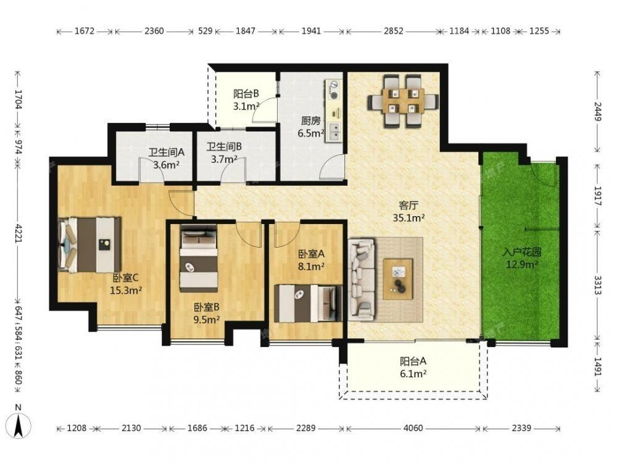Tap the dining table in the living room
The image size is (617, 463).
[404, 101]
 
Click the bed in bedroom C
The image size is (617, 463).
[89, 244]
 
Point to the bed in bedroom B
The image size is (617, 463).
[199, 258]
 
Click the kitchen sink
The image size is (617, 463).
[333, 132]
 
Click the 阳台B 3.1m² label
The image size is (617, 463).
[246, 100]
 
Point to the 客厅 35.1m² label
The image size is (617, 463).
[409, 211]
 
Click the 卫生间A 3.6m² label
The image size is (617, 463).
[166, 158]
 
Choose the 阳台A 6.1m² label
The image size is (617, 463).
[413, 367]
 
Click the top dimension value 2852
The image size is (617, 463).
[394, 31]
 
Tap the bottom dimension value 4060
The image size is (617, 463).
[413, 428]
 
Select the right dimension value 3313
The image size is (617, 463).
[598, 285]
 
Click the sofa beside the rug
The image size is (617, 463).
[361, 278]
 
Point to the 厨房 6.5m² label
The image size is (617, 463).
[311, 127]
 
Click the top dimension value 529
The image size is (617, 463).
[205, 31]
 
